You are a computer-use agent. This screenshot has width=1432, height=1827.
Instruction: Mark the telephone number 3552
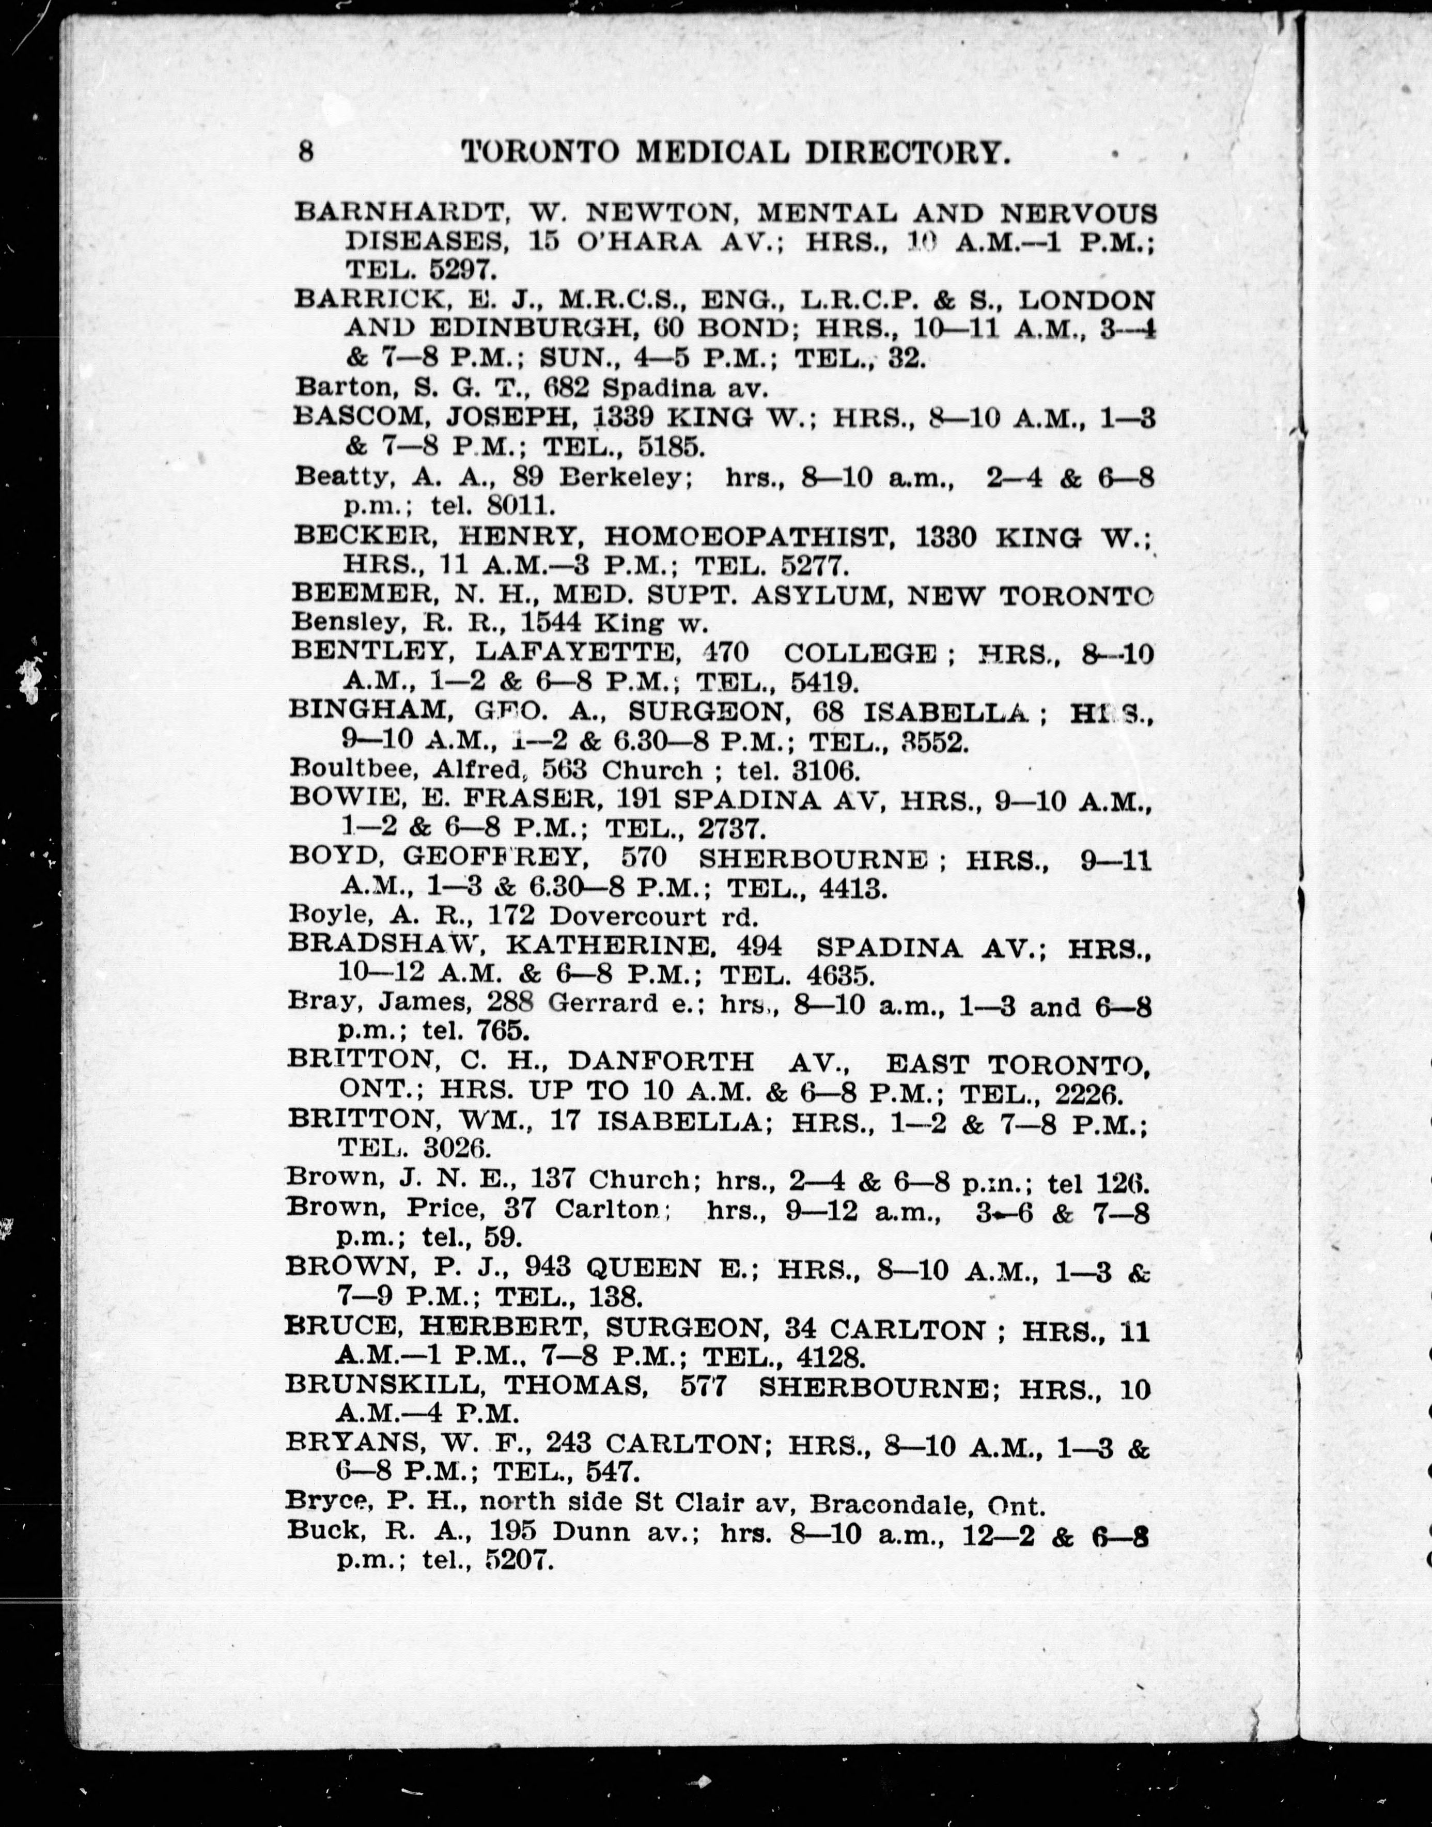[932, 741]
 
